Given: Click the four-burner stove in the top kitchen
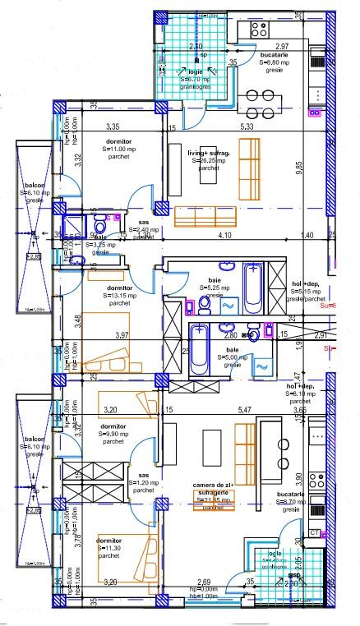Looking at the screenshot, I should pyautogui.click(x=259, y=30).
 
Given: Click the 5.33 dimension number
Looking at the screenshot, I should pyautogui.click(x=247, y=127).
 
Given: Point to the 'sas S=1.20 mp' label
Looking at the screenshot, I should pyautogui.click(x=144, y=482).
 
